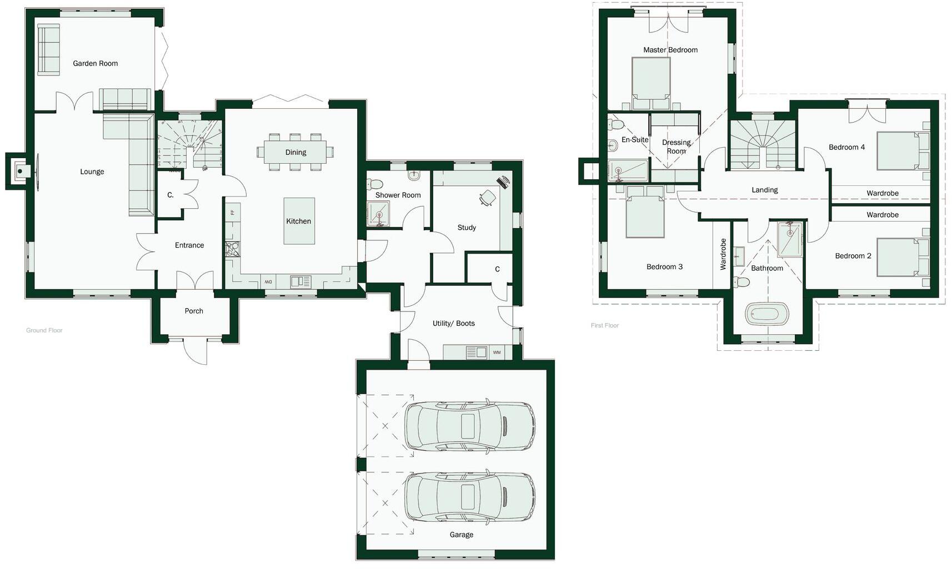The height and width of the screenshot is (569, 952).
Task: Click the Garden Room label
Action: click(x=95, y=63)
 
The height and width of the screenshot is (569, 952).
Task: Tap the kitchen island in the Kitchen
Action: click(x=299, y=221)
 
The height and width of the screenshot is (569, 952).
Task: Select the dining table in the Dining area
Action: click(x=295, y=152)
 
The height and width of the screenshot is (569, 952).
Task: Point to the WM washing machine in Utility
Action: click(x=497, y=352)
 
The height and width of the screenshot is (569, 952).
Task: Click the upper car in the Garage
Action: click(x=470, y=425)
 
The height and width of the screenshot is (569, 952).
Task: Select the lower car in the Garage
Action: click(x=470, y=496)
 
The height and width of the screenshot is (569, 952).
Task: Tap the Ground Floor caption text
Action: click(x=44, y=330)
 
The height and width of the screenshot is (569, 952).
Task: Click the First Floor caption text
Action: click(x=605, y=325)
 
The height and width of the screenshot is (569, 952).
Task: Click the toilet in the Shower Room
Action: click(x=375, y=184)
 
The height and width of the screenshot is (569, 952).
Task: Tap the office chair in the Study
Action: click(x=488, y=198)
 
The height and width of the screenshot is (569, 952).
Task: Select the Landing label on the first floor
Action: click(x=764, y=190)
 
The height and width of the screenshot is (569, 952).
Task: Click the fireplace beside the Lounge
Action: click(x=20, y=171)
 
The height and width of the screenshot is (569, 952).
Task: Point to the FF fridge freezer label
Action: click(x=232, y=212)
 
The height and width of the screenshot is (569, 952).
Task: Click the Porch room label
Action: click(x=194, y=311)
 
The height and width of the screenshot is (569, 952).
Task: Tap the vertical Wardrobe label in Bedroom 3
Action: click(x=723, y=254)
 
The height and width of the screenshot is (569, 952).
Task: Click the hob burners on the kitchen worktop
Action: click(x=232, y=249)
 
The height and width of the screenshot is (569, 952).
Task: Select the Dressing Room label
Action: click(x=676, y=147)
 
